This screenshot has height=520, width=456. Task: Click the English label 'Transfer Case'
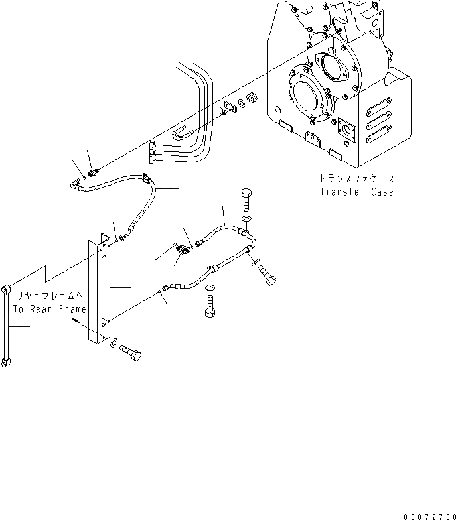(x=356, y=192)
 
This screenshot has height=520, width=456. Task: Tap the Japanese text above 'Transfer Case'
(x=355, y=179)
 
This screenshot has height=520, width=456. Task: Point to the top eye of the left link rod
(x=7, y=288)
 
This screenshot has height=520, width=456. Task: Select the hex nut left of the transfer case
(x=253, y=99)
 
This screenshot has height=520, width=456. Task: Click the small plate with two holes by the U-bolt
(x=230, y=107)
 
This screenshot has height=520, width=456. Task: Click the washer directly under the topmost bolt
(x=246, y=218)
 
